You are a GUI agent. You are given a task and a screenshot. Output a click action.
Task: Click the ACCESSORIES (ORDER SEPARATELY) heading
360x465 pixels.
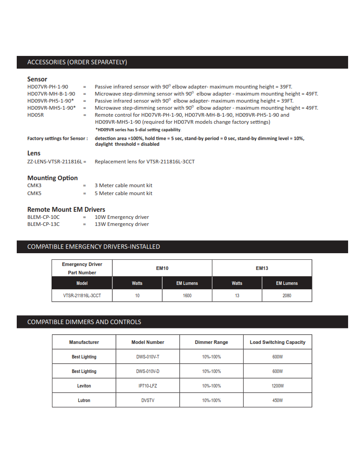(x=77, y=62)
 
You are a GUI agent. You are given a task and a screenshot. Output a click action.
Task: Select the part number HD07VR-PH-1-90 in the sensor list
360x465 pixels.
(x=48, y=87)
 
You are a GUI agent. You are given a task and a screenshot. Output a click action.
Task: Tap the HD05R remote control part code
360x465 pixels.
(x=36, y=115)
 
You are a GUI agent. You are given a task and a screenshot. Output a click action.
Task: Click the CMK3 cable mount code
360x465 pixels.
(x=34, y=185)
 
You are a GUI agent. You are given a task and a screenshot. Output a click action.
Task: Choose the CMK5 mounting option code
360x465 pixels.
(x=34, y=193)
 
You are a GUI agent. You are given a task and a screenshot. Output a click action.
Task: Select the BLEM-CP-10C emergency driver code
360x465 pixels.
(x=43, y=217)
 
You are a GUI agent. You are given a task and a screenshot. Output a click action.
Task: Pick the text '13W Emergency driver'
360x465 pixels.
(x=122, y=224)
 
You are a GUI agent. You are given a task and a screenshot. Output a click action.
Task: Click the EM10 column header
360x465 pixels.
(x=162, y=268)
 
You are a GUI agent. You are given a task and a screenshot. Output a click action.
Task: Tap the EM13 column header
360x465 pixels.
(x=262, y=268)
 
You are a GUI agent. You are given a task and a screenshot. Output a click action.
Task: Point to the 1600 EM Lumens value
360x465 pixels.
(x=187, y=295)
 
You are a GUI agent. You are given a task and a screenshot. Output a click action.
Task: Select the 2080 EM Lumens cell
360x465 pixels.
(x=287, y=295)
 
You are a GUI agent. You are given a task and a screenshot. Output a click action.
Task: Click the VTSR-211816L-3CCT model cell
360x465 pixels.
(x=82, y=295)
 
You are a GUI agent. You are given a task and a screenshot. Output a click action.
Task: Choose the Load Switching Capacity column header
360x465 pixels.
(x=278, y=342)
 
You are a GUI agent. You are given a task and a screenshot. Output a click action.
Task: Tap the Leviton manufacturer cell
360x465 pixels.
(x=84, y=386)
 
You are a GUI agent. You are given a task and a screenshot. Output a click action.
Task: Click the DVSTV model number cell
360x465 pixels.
(x=148, y=400)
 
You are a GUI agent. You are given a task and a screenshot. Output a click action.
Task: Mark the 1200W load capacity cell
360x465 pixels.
(x=278, y=386)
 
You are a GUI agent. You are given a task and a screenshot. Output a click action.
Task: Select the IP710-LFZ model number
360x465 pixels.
(x=148, y=386)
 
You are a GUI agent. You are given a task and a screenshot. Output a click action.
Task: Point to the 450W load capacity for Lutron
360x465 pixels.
(x=278, y=400)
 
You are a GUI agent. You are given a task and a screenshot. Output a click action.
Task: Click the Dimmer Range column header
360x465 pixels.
(x=212, y=342)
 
